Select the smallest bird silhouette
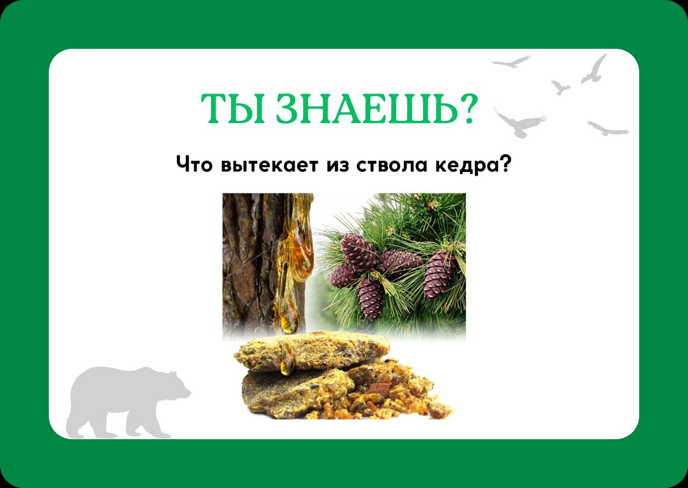(x=560, y=87)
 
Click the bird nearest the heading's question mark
(x=519, y=124)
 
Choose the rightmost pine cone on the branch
(x=440, y=274)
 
